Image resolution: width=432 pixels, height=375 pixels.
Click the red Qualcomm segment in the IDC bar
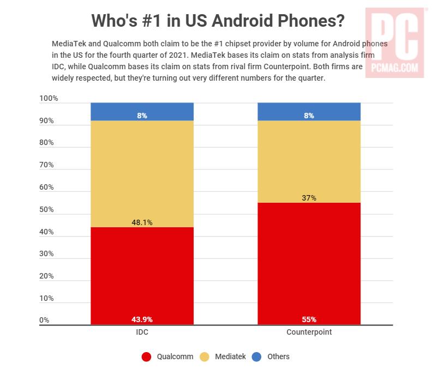pos(142,273)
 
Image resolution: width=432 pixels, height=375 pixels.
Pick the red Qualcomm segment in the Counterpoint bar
pos(309,262)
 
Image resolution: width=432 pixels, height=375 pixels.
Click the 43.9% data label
pos(142,319)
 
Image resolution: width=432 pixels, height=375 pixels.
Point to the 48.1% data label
pos(142,222)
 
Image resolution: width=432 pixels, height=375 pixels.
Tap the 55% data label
pos(309,319)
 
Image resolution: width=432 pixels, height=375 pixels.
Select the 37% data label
pos(309,198)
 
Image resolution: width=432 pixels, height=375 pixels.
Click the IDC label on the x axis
pos(142,332)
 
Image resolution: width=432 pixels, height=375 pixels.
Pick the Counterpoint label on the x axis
pos(309,332)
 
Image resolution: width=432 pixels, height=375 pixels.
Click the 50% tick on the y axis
pos(46,210)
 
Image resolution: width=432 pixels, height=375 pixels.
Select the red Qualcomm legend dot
pos(146,357)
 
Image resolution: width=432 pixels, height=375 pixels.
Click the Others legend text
pos(278,357)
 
